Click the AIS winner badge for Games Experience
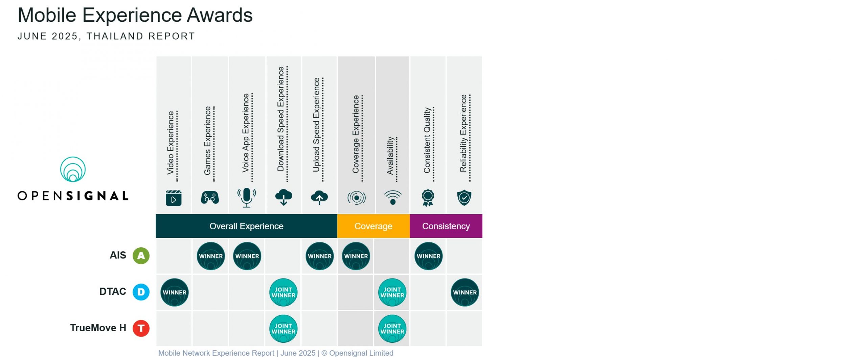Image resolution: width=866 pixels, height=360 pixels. (211, 256)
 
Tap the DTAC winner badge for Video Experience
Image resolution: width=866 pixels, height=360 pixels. (175, 292)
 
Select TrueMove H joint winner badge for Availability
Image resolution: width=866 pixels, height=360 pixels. (392, 329)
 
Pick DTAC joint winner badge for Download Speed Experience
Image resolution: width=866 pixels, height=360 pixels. (283, 292)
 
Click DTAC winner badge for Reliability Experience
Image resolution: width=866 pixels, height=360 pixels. (465, 292)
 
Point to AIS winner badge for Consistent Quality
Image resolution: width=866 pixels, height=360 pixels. (429, 256)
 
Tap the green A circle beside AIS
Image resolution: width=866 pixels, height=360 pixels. (141, 255)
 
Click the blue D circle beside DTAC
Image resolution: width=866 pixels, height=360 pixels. (141, 292)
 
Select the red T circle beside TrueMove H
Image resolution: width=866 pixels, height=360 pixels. (141, 328)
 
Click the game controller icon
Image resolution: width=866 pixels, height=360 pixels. (210, 198)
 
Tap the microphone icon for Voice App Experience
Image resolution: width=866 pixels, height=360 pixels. (247, 197)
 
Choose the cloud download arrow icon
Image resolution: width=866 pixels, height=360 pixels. (283, 197)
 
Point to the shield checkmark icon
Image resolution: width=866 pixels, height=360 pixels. (464, 198)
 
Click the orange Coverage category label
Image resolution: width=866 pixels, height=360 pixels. (373, 226)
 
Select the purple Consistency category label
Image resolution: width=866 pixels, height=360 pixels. (446, 226)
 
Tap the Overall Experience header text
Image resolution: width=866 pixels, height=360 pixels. (246, 226)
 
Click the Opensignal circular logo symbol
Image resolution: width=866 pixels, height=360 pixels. (73, 169)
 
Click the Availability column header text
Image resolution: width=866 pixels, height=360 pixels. (390, 156)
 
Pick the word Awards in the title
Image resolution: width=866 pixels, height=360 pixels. (220, 15)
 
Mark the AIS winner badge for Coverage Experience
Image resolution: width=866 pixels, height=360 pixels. (356, 256)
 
